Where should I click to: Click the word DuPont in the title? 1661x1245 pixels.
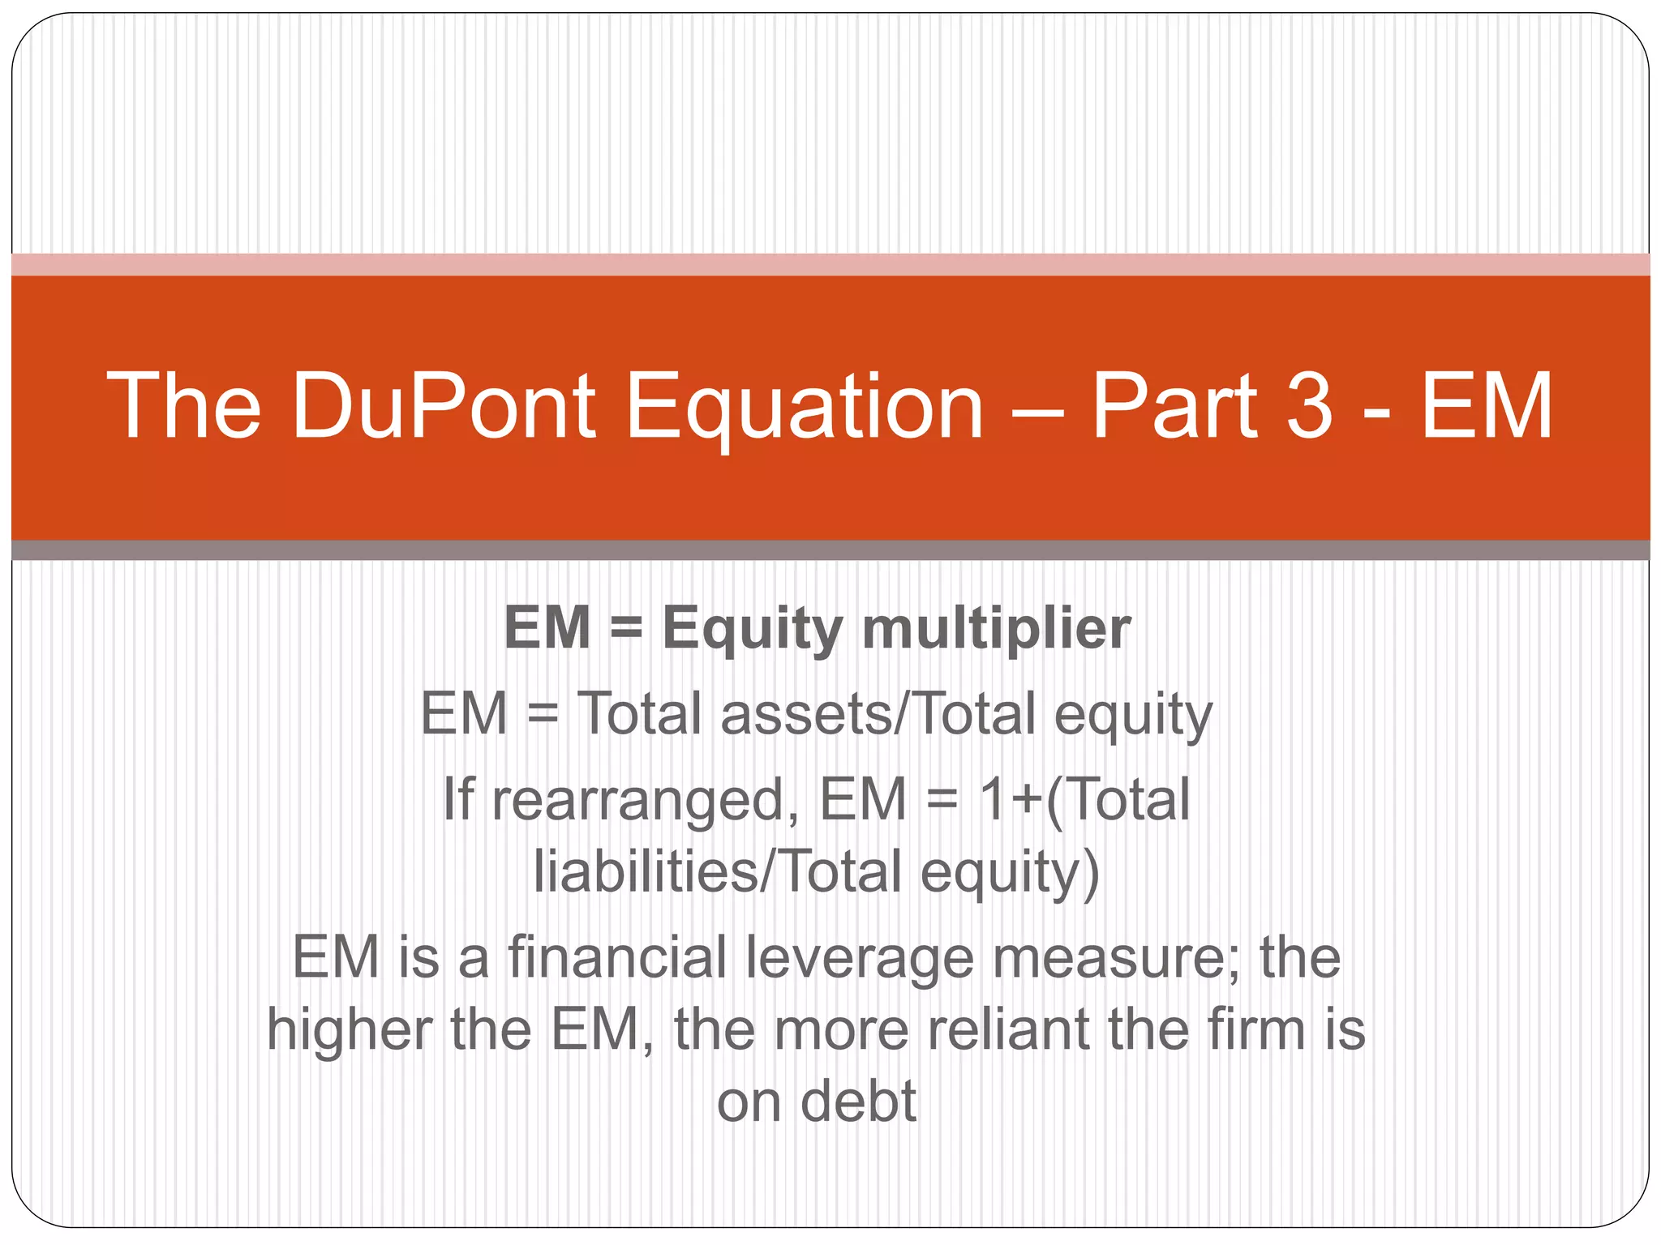(444, 405)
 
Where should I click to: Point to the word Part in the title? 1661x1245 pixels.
(1175, 405)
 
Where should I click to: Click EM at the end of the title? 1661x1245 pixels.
(1487, 405)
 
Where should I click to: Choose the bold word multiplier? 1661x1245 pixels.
(996, 629)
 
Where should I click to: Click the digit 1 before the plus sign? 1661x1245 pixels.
(993, 798)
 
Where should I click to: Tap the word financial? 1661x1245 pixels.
(617, 957)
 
